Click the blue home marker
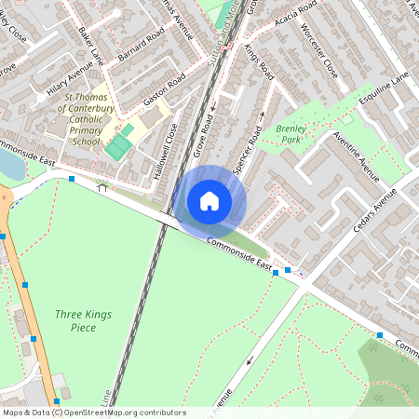tap(209, 200)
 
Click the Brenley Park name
tap(291, 135)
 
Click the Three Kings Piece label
tap(83, 321)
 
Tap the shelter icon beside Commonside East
tap(101, 187)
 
